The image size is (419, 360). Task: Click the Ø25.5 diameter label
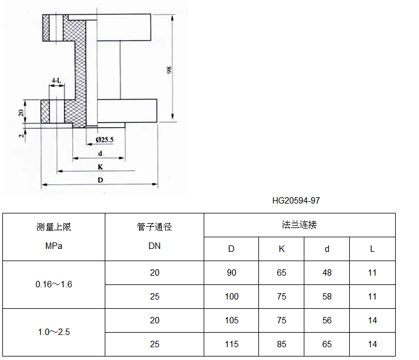105,140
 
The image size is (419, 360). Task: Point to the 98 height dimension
169,70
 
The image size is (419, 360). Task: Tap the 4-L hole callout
56,80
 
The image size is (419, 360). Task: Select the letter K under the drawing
100,167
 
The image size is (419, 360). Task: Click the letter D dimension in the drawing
100,180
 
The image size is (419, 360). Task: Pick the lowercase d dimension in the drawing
100,154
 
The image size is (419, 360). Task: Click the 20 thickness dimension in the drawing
21,113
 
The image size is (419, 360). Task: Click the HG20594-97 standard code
296,201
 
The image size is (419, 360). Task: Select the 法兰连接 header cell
299,224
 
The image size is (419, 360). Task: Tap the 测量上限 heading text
54,227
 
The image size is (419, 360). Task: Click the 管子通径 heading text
154,227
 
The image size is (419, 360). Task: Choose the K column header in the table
282,249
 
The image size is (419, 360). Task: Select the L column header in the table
372,249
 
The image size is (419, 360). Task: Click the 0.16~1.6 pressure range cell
54,284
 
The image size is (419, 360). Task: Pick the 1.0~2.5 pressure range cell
54,332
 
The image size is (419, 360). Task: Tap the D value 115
232,344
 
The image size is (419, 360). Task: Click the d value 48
327,273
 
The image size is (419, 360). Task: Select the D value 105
232,320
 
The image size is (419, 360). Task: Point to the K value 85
282,344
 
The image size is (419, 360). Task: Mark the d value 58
327,297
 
